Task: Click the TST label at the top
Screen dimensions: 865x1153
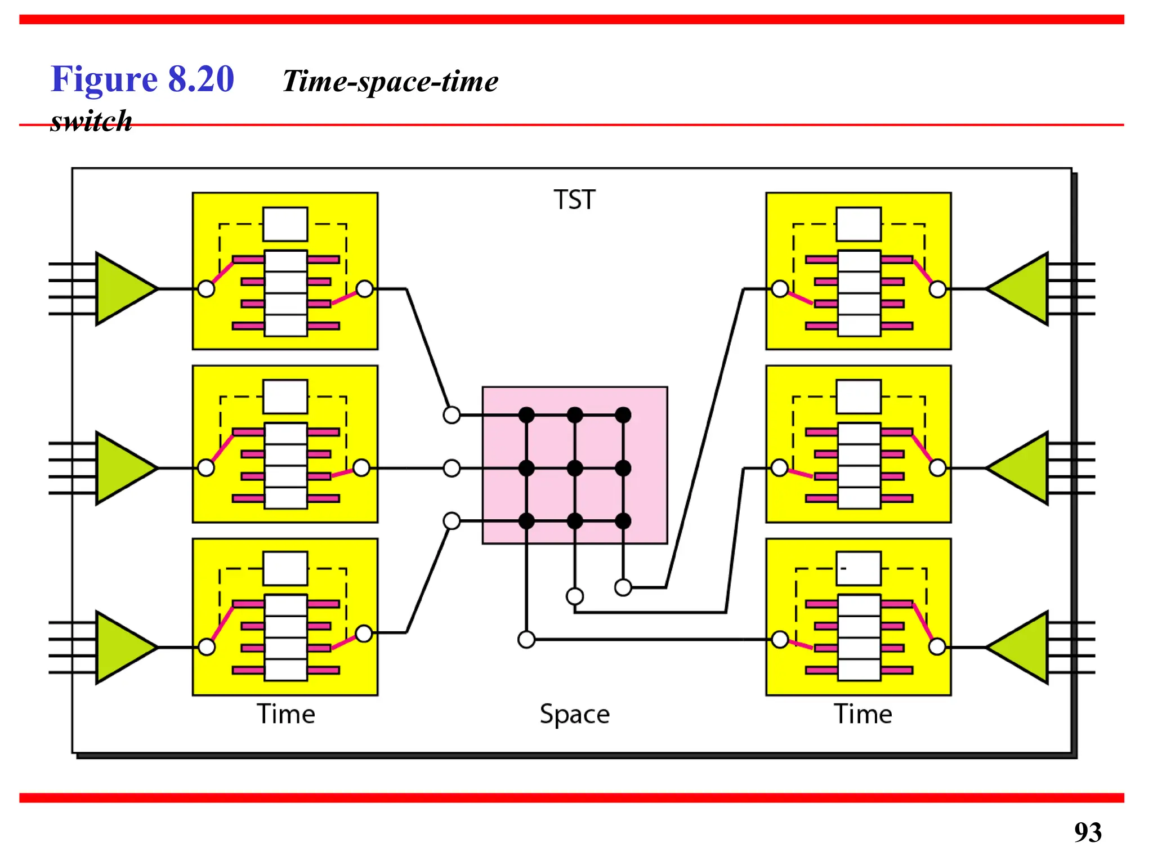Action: pyautogui.click(x=574, y=200)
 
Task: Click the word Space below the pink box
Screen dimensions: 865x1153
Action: pyautogui.click(x=574, y=714)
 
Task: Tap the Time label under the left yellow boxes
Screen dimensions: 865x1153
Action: pyautogui.click(x=286, y=714)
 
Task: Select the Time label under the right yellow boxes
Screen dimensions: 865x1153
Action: pyautogui.click(x=863, y=714)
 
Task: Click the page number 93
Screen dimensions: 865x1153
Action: pyautogui.click(x=1088, y=832)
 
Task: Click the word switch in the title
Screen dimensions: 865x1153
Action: pyautogui.click(x=91, y=121)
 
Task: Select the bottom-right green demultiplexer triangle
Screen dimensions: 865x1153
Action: pyautogui.click(x=1019, y=648)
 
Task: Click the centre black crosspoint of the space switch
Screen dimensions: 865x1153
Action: pyautogui.click(x=575, y=468)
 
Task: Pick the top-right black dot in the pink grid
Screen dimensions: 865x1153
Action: pyautogui.click(x=623, y=415)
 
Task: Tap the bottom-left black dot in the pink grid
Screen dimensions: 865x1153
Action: pyautogui.click(x=526, y=521)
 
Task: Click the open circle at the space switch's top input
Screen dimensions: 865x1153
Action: pyautogui.click(x=452, y=415)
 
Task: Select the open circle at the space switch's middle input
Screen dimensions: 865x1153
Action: pyautogui.click(x=452, y=468)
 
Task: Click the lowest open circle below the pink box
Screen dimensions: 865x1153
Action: pyautogui.click(x=526, y=640)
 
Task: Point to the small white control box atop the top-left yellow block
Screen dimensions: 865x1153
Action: pyautogui.click(x=285, y=224)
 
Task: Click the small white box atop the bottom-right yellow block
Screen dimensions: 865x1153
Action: pyautogui.click(x=859, y=568)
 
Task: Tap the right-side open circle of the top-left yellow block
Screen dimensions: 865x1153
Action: pyautogui.click(x=365, y=289)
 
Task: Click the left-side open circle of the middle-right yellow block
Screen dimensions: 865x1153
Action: pyautogui.click(x=779, y=467)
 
